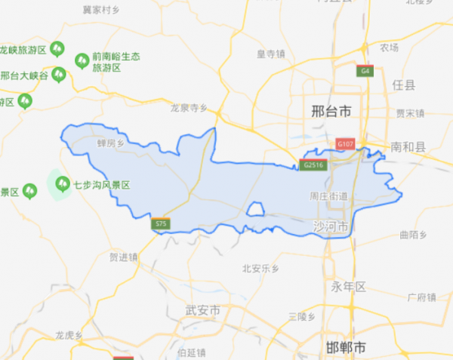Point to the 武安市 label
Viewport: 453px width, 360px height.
click(x=202, y=311)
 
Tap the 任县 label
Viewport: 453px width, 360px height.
click(x=404, y=85)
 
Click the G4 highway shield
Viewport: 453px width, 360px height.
click(x=365, y=71)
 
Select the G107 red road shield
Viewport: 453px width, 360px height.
click(x=346, y=143)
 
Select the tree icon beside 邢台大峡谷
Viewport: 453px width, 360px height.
click(x=59, y=75)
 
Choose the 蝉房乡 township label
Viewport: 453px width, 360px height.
click(x=109, y=143)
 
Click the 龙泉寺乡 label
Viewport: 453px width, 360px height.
click(x=189, y=108)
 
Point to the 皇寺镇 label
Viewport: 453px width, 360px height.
click(x=270, y=54)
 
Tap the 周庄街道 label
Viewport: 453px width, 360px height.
click(x=328, y=196)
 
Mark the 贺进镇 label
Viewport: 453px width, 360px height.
click(x=124, y=257)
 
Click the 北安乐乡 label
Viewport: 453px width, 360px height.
click(x=261, y=268)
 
